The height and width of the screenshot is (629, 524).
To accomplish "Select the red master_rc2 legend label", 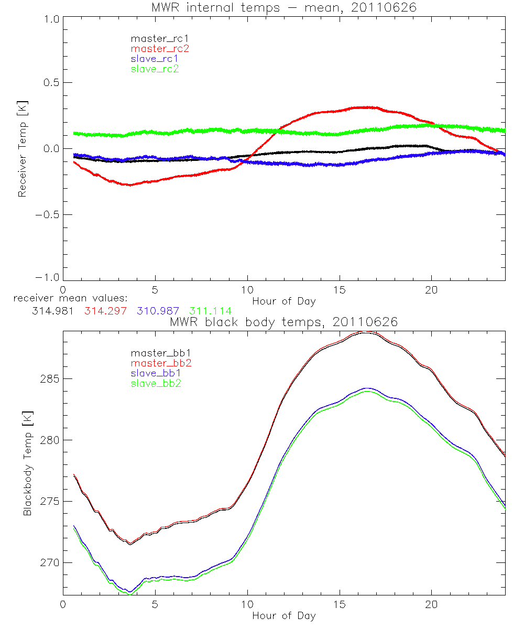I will pos(160,49).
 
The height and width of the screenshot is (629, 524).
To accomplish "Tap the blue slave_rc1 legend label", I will pos(155,59).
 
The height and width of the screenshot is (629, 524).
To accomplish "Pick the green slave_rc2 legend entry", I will pos(155,69).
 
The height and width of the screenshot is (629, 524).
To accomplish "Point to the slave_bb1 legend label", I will pos(155,374).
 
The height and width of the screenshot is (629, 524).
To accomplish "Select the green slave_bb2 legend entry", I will pos(155,384).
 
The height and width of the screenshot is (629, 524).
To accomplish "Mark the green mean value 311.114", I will pos(210,311).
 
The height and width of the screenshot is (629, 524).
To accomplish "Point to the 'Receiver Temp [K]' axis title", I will pos(22,149).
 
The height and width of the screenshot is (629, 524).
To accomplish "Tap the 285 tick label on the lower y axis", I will pos(48,378).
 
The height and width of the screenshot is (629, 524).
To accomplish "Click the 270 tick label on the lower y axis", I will pos(48,562).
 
